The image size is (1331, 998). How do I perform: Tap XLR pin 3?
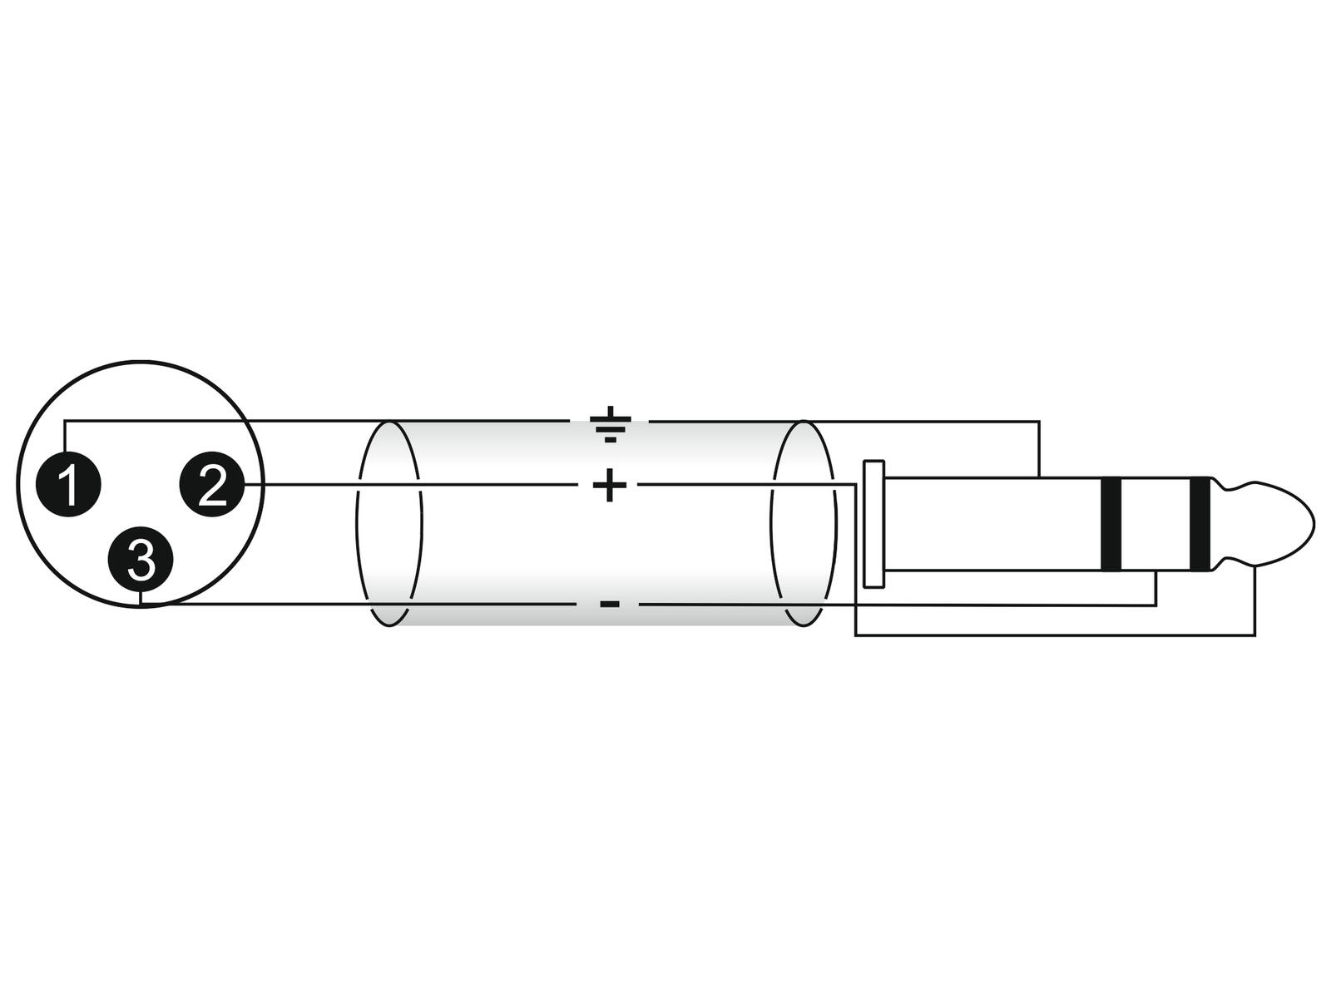pyautogui.click(x=140, y=559)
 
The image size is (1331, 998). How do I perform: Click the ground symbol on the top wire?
pyautogui.click(x=610, y=424)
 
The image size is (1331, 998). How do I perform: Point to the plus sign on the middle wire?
pyautogui.click(x=610, y=485)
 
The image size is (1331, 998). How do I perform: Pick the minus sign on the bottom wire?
pyautogui.click(x=610, y=604)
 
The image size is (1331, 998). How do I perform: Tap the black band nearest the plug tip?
pyautogui.click(x=1200, y=525)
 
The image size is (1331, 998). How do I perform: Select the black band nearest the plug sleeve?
pyautogui.click(x=1111, y=525)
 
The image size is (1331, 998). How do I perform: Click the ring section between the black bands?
pyautogui.click(x=1155, y=525)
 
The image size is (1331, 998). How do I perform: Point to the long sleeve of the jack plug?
pyautogui.click(x=992, y=525)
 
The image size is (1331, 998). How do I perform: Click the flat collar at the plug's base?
pyautogui.click(x=873, y=524)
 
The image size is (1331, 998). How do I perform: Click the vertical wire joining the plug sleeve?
pyautogui.click(x=1039, y=449)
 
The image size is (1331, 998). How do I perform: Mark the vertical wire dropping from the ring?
pyautogui.click(x=1155, y=588)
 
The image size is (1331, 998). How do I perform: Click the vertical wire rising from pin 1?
pyautogui.click(x=64, y=437)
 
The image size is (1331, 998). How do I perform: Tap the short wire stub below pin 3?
pyautogui.click(x=140, y=597)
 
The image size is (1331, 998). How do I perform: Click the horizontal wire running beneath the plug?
pyautogui.click(x=1055, y=635)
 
